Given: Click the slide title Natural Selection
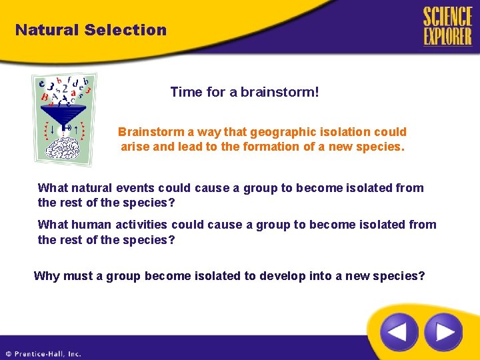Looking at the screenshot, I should pyautogui.click(x=91, y=30).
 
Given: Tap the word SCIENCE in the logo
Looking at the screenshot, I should pyautogui.click(x=447, y=17).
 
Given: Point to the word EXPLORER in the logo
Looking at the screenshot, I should pyautogui.click(x=447, y=36).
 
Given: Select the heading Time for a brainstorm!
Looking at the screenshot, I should pyautogui.click(x=245, y=92).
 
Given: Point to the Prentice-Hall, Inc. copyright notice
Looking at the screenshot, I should pyautogui.click(x=43, y=354).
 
